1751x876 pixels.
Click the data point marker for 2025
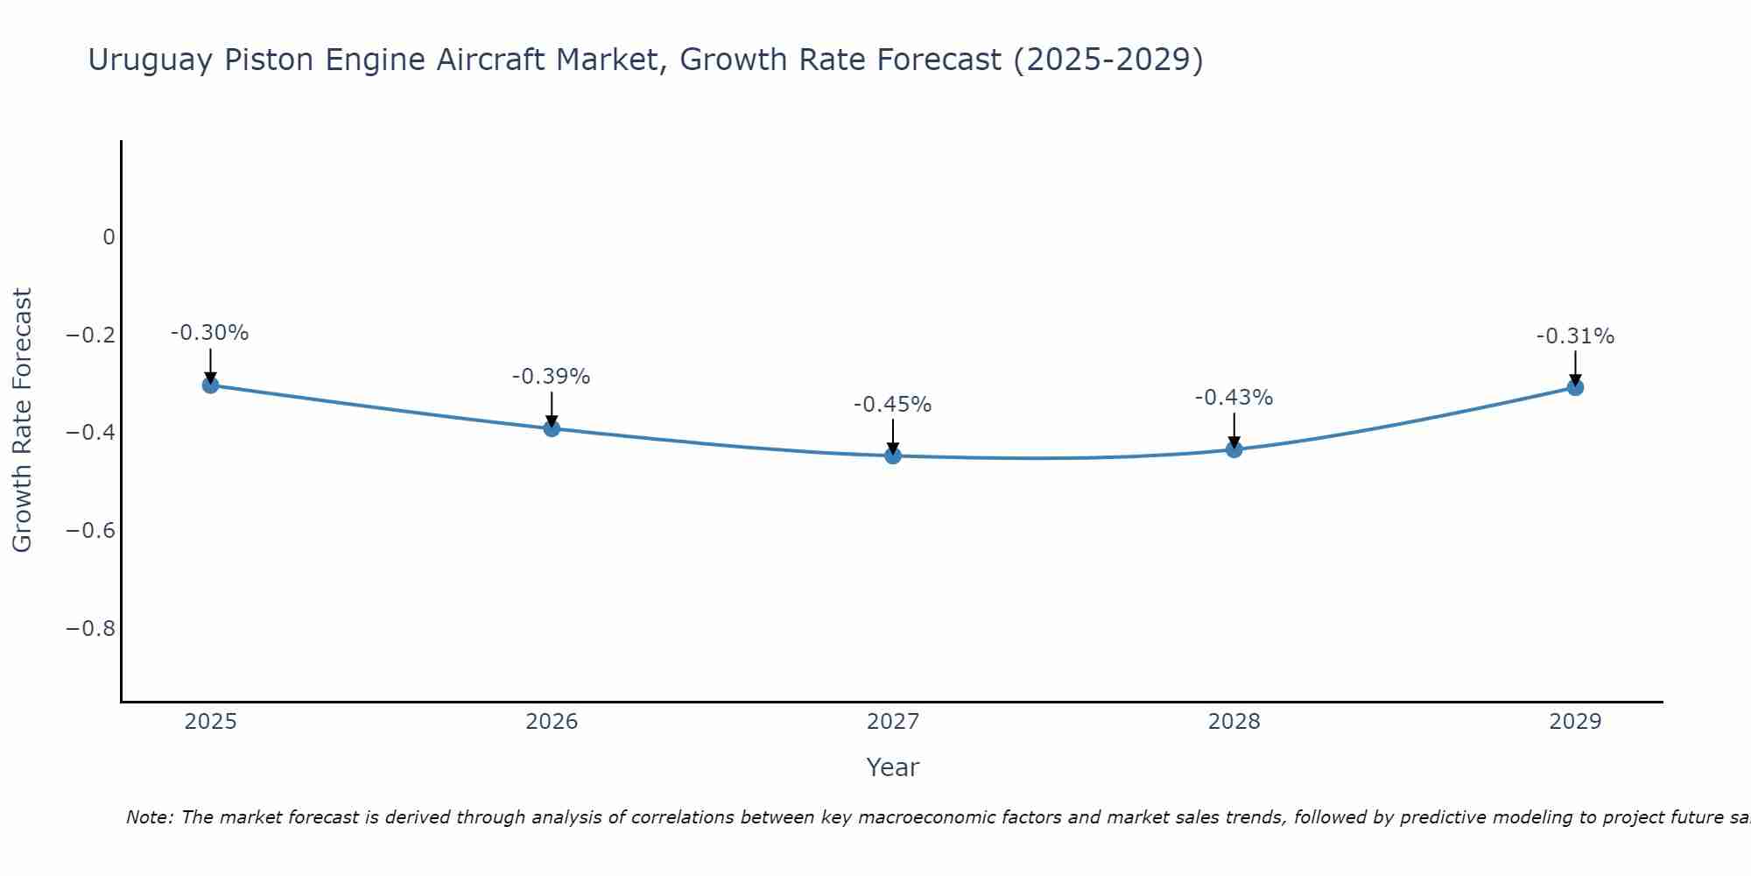(210, 385)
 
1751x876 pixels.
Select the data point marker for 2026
(552, 428)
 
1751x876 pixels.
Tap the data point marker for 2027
(893, 456)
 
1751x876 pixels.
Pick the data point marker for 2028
(1234, 449)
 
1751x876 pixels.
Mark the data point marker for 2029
(1575, 387)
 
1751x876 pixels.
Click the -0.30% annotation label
(210, 333)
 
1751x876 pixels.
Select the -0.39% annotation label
(552, 377)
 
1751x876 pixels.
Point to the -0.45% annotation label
(893, 405)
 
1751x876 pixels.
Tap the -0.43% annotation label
(1234, 398)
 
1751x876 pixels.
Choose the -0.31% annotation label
(1575, 336)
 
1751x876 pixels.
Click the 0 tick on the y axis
(109, 237)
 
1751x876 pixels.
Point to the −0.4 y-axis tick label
(91, 433)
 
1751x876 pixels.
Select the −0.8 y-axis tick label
(91, 629)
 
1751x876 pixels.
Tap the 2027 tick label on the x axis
(893, 722)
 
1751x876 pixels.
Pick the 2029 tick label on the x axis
(1575, 722)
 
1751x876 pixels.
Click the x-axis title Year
(893, 767)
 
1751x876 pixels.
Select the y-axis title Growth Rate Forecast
(22, 420)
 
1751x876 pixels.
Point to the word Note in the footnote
(150, 818)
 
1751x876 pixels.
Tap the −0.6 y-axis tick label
(91, 531)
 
